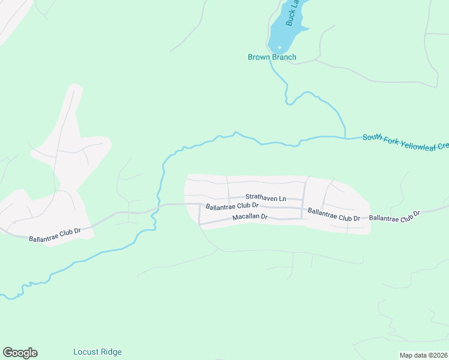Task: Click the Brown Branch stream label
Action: click(x=272, y=58)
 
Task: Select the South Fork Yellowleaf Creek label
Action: click(x=405, y=142)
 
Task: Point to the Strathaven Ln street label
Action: click(x=265, y=197)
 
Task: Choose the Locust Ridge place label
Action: click(x=97, y=352)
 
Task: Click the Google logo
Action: click(x=20, y=353)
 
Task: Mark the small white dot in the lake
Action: click(x=279, y=47)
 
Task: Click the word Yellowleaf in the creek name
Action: click(x=418, y=143)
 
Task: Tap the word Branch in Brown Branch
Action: click(x=284, y=58)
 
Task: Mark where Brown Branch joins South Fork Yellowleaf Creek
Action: click(x=345, y=138)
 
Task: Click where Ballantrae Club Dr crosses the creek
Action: click(x=158, y=206)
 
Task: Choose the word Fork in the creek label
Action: click(x=391, y=139)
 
